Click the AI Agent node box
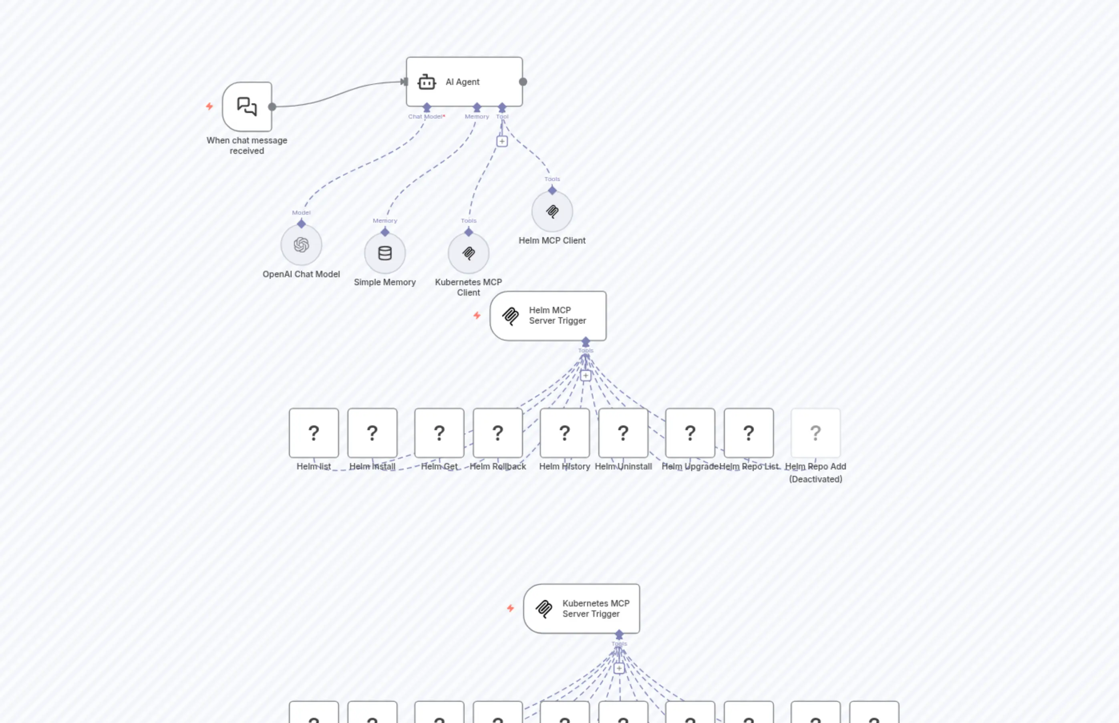tap(464, 82)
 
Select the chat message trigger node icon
tap(247, 107)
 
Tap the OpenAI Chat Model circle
tap(301, 245)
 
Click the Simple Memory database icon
tap(385, 253)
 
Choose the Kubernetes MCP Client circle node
tap(469, 253)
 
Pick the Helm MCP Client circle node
tap(552, 211)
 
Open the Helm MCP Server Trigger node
tap(548, 316)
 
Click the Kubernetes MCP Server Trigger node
tap(582, 608)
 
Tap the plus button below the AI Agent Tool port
tap(502, 141)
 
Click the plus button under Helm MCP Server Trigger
tap(585, 376)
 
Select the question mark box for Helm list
tap(314, 432)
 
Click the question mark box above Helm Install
tap(372, 432)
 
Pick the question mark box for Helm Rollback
tap(497, 432)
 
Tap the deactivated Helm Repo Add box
tap(815, 432)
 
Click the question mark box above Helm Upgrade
tap(690, 432)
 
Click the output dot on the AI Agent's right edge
tap(523, 82)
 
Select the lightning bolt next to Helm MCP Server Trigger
tap(477, 316)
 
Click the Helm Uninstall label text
tap(623, 466)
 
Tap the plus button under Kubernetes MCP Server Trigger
tap(619, 668)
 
